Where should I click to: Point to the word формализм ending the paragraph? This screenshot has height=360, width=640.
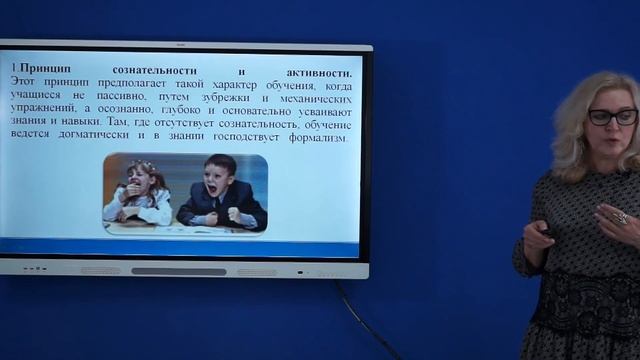point(319,138)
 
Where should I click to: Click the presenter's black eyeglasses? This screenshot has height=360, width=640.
point(611,117)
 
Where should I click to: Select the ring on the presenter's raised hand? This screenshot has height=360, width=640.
point(620,217)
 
